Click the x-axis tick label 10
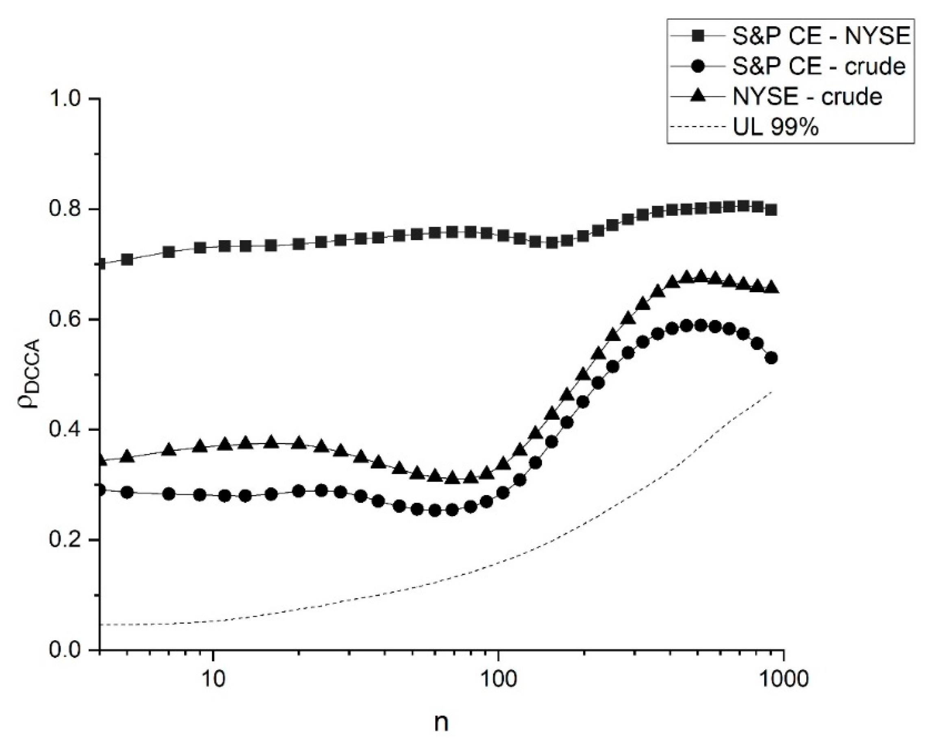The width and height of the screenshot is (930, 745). tap(213, 680)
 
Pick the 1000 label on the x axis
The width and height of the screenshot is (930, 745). tap(783, 680)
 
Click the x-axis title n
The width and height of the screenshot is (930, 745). tap(441, 723)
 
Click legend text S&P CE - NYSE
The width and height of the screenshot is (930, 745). tap(821, 37)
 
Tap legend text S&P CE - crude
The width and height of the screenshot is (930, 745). tap(819, 67)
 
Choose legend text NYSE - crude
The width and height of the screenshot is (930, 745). tap(807, 97)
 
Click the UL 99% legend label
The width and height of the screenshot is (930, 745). tap(775, 127)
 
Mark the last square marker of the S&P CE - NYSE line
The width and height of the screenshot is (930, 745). tap(772, 210)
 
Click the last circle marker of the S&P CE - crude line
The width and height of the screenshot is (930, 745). tap(772, 358)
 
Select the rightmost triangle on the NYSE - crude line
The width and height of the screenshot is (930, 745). tap(772, 288)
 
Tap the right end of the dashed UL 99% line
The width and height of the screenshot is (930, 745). tap(771, 391)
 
